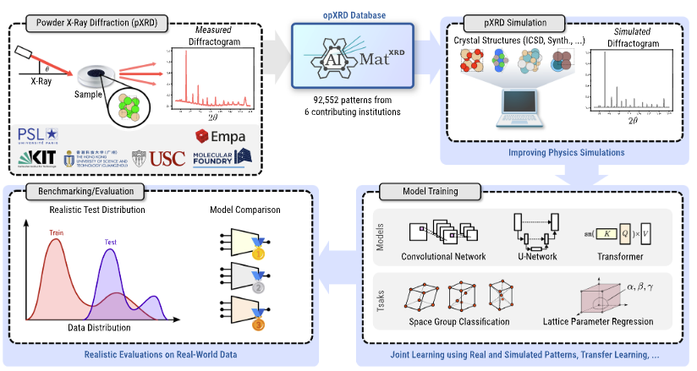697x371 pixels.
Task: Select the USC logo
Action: (167, 158)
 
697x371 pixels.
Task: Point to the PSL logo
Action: (38, 135)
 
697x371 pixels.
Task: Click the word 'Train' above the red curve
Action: (57, 241)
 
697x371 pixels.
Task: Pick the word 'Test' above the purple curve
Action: (110, 241)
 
